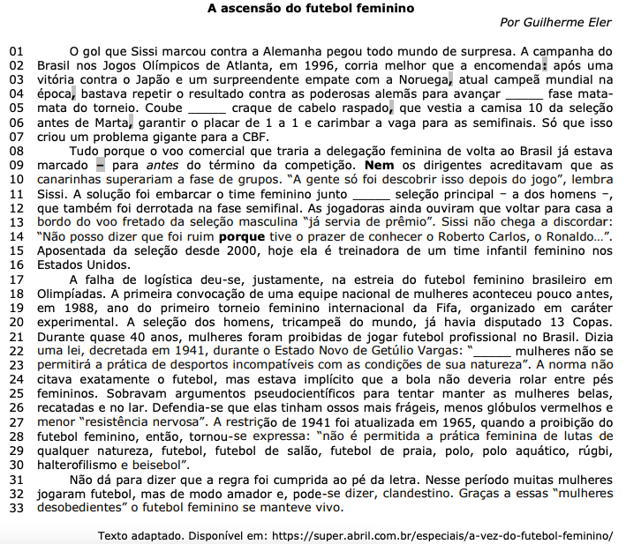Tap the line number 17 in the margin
[x=16, y=280]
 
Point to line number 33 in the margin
[x=16, y=508]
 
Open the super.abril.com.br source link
[x=446, y=535]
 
